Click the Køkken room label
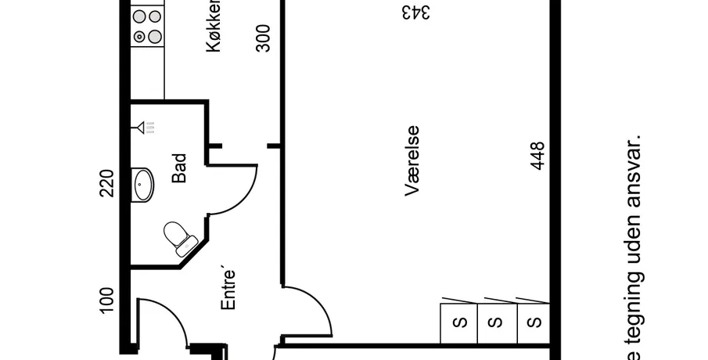pos(213,34)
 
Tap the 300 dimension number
pos(264,38)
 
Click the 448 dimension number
pos(537,157)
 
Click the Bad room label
pos(179,168)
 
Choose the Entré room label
pos(228,290)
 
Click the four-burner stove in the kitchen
pos(147,26)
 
